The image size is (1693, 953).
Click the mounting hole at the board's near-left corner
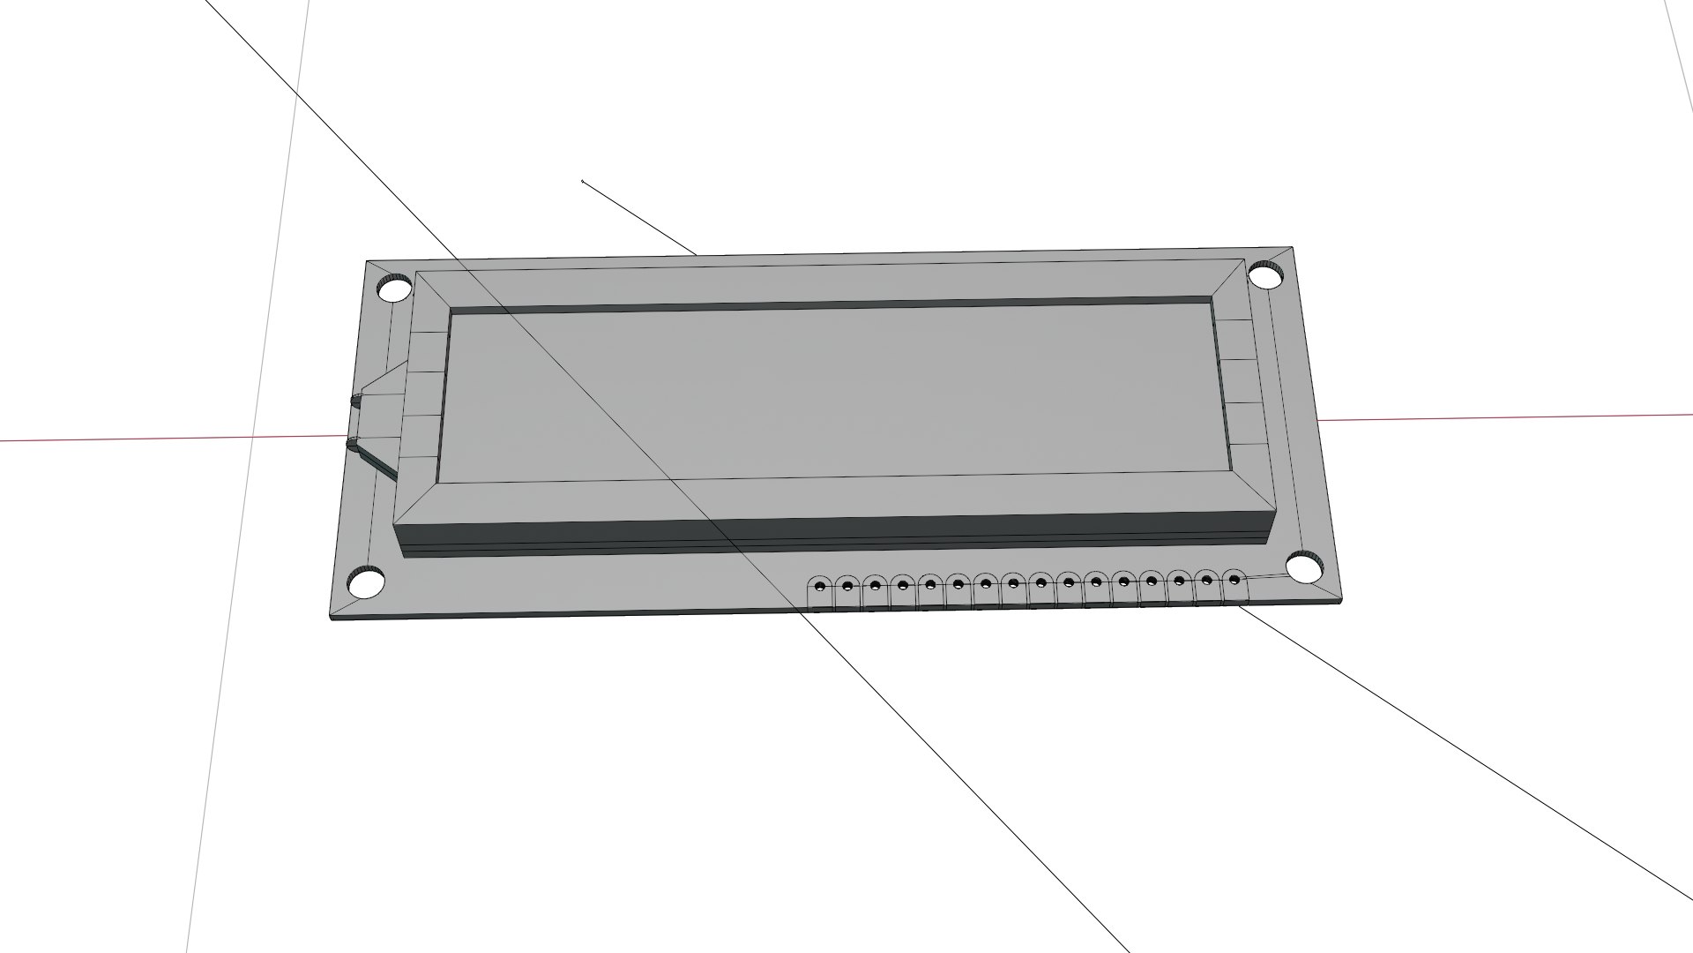pyautogui.click(x=366, y=582)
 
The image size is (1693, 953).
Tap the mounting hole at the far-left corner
pyautogui.click(x=394, y=288)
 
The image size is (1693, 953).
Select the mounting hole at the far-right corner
pyautogui.click(x=1266, y=275)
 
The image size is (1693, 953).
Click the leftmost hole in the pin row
pyautogui.click(x=819, y=586)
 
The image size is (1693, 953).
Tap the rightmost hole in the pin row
pyautogui.click(x=1234, y=580)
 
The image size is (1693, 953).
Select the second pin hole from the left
pyautogui.click(x=847, y=585)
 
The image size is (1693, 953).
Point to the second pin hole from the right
pyautogui.click(x=1207, y=581)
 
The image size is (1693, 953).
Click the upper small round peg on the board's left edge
pyautogui.click(x=356, y=401)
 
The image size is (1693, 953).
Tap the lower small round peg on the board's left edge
pyautogui.click(x=354, y=444)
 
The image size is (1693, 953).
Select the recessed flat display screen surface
pyautogui.click(x=829, y=393)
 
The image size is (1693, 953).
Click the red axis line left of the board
pyautogui.click(x=132, y=439)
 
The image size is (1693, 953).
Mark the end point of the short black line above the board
pyautogui.click(x=583, y=182)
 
